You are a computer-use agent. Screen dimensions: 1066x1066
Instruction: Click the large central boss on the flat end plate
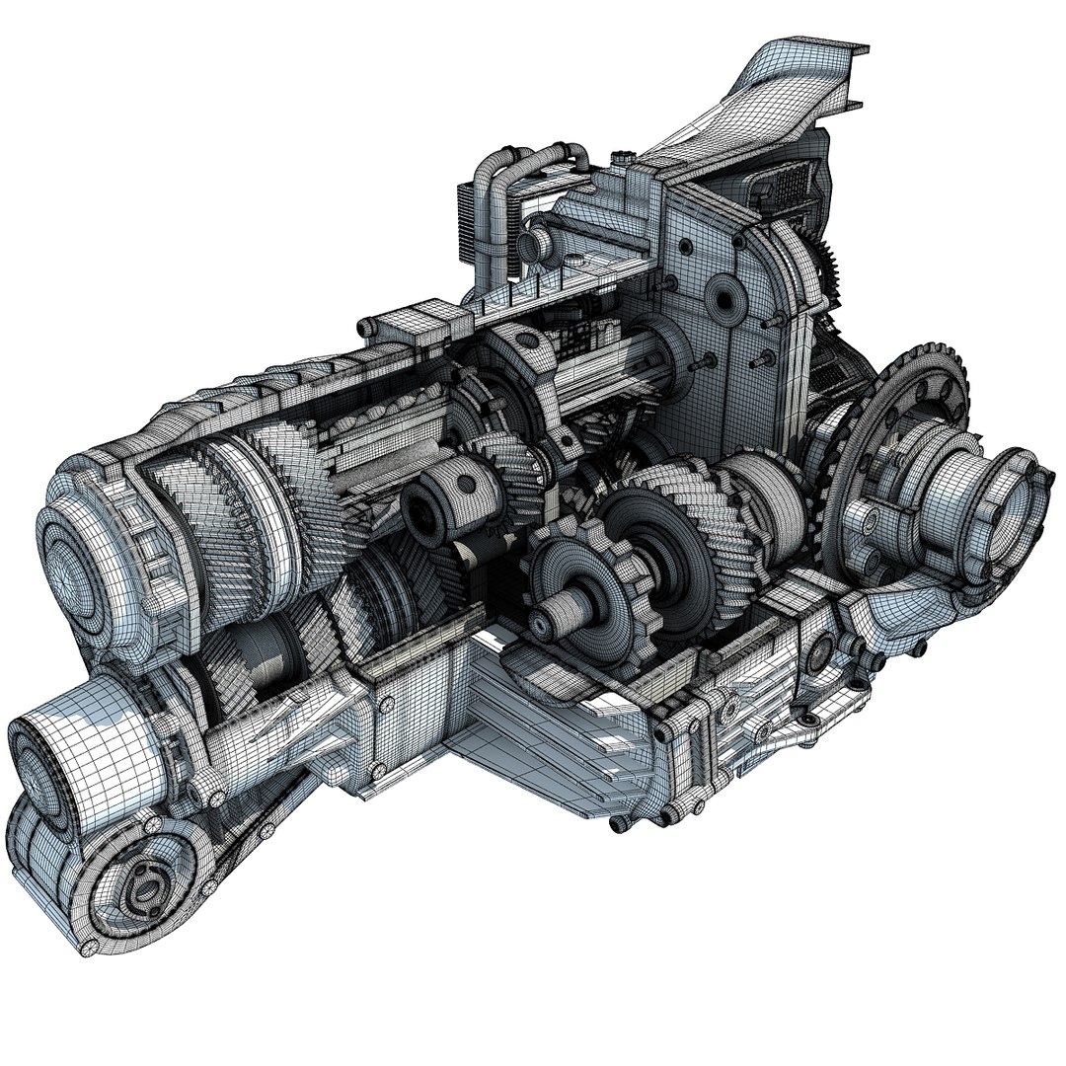click(725, 296)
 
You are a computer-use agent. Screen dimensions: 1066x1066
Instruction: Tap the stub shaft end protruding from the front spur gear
click(546, 622)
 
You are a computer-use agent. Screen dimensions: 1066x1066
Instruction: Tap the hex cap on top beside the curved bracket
click(624, 155)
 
